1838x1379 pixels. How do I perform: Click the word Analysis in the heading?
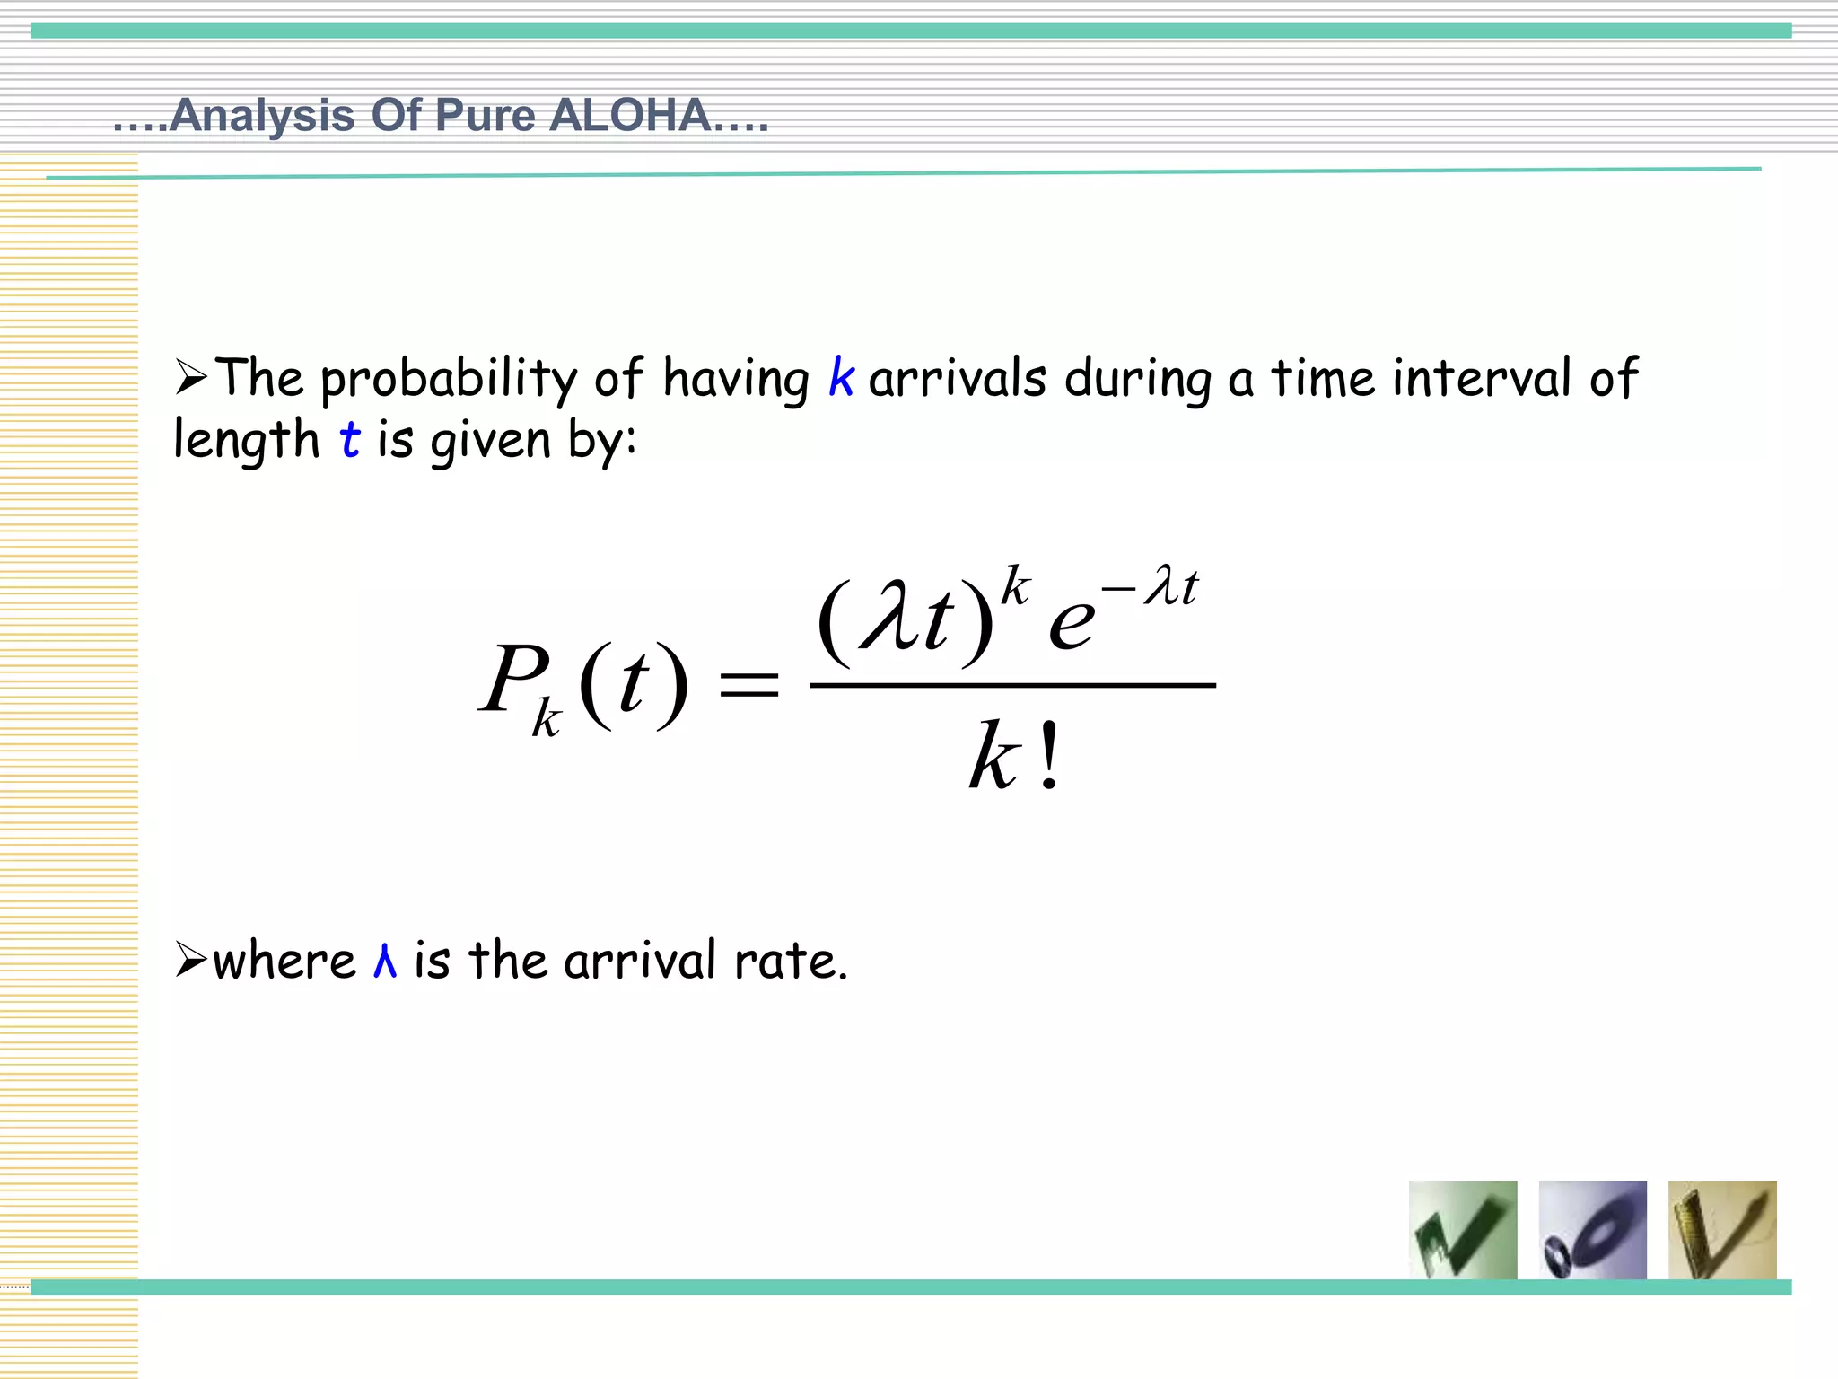click(x=261, y=116)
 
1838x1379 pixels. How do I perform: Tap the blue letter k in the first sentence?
click(x=841, y=377)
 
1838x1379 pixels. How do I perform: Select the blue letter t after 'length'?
click(x=349, y=440)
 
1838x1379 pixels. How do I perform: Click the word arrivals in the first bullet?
click(x=957, y=378)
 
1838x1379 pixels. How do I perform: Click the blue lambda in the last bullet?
click(x=385, y=961)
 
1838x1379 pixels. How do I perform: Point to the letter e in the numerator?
click(x=1072, y=621)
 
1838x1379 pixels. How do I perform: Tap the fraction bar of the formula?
click(x=1012, y=685)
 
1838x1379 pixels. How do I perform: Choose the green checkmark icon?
click(x=1463, y=1230)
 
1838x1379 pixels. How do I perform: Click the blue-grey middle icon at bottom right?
click(x=1592, y=1230)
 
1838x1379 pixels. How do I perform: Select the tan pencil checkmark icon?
click(x=1722, y=1230)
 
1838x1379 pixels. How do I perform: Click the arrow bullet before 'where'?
click(x=191, y=960)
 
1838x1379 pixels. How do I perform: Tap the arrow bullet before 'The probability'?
click(x=191, y=377)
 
